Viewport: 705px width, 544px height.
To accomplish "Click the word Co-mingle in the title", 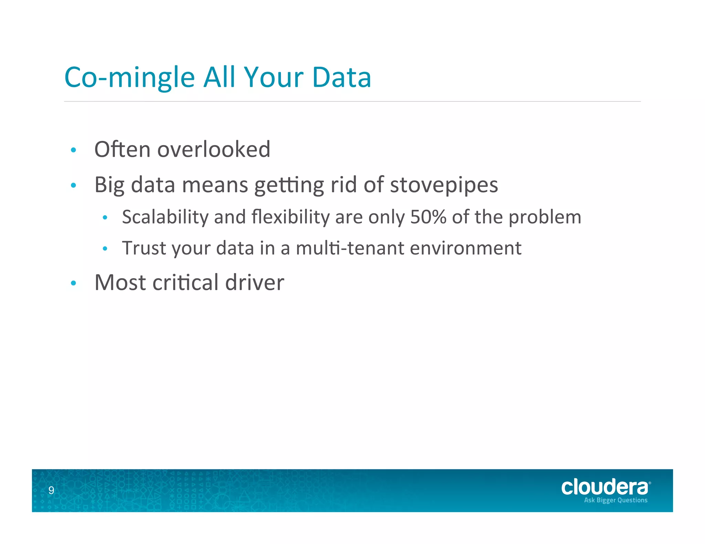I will pos(129,78).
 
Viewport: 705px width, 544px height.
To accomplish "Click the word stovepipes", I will pos(444,185).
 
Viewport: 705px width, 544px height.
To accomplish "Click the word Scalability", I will pos(165,217).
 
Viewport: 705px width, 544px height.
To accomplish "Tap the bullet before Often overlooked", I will pos(73,150).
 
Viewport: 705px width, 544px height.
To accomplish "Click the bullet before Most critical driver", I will pos(73,283).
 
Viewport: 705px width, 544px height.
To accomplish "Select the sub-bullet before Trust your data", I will pos(105,248).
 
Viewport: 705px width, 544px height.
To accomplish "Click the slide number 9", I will pos(51,490).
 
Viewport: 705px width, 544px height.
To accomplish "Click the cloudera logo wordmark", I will pos(604,487).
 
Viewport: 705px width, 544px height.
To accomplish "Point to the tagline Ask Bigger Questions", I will pos(615,500).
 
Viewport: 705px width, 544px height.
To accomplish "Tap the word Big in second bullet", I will pos(109,185).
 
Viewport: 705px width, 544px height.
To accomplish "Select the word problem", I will pos(545,217).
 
